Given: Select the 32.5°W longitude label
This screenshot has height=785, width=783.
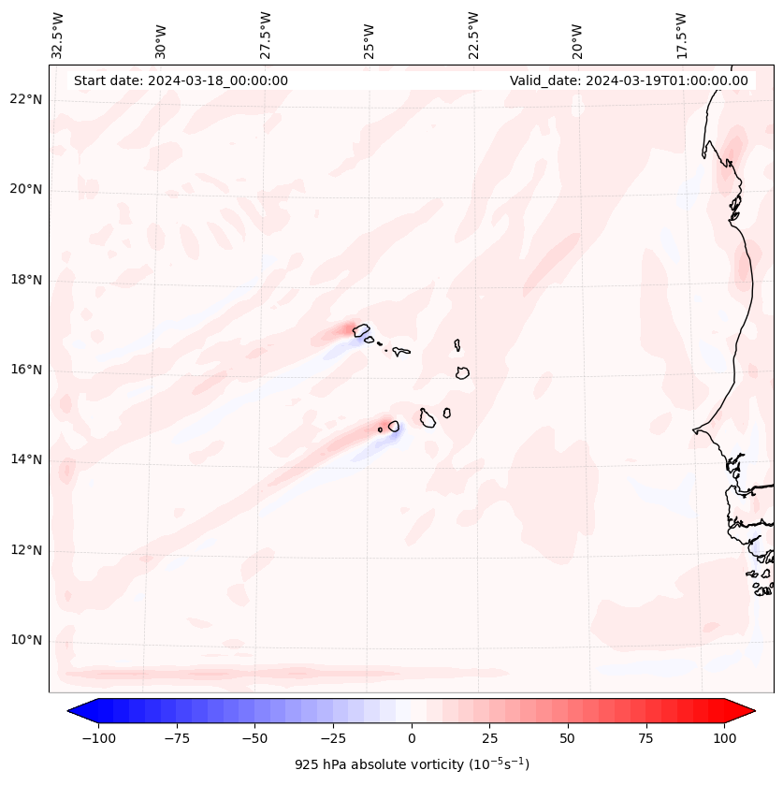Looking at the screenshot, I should [58, 36].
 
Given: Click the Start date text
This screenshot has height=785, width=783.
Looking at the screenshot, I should [181, 80].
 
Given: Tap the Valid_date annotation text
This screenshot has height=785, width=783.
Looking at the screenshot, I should [629, 80].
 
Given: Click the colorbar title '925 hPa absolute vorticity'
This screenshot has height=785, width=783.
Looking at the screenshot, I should [412, 764].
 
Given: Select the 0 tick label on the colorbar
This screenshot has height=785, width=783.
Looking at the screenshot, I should [412, 738].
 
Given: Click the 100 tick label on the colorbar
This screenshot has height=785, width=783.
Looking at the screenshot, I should [724, 738].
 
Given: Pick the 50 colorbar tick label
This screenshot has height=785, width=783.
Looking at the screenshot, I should [568, 738].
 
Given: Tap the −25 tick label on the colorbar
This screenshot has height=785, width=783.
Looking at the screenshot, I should [333, 738].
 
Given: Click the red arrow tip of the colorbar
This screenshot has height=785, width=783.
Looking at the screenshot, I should [745, 711].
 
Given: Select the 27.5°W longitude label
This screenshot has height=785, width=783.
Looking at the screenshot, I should [266, 36].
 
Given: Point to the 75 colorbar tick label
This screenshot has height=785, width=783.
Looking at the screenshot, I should [645, 738].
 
